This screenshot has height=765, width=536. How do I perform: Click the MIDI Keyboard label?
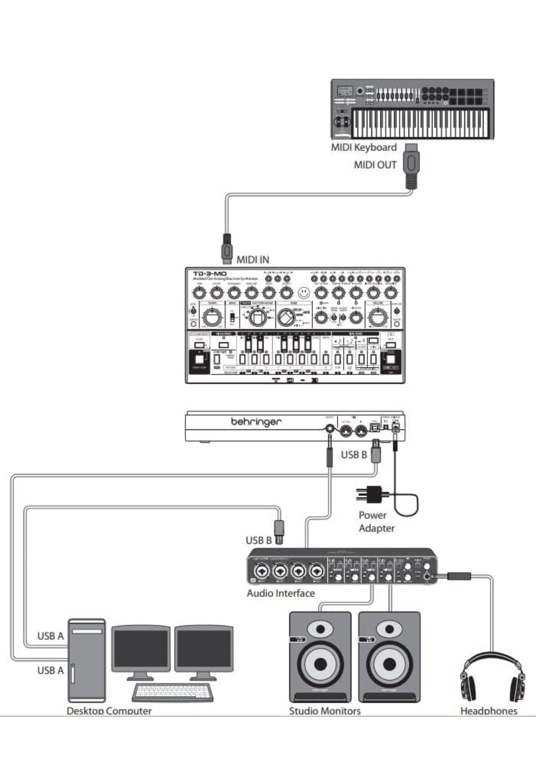click(x=364, y=147)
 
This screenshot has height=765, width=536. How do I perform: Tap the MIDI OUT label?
click(x=375, y=165)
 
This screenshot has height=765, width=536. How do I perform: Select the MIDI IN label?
click(x=253, y=260)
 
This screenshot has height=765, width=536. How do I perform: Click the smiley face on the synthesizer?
click(x=304, y=293)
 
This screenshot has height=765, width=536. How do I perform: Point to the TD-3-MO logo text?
click(x=210, y=274)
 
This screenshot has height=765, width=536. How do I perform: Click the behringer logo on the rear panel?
click(x=256, y=422)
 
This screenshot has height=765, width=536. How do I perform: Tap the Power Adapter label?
click(x=376, y=522)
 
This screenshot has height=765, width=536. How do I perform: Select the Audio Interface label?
click(x=280, y=593)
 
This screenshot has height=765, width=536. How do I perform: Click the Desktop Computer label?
click(x=109, y=711)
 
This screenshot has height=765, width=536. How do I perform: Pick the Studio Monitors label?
click(x=325, y=711)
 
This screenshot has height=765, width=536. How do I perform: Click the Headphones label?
click(x=489, y=711)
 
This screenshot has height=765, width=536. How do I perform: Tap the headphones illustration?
click(x=492, y=678)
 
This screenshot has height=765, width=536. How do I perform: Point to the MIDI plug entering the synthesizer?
click(x=226, y=249)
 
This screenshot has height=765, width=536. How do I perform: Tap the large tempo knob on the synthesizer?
click(x=212, y=318)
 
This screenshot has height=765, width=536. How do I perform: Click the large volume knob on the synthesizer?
click(x=377, y=318)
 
